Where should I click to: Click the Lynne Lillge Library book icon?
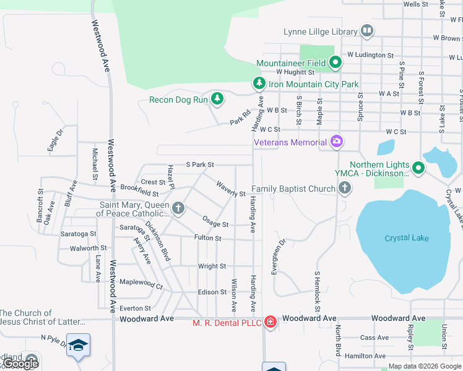[x=367, y=30]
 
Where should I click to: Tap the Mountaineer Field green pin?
[x=335, y=62]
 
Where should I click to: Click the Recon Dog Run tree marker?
[x=217, y=98]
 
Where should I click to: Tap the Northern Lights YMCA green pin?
[x=418, y=168]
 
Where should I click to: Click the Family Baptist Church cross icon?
[x=345, y=188]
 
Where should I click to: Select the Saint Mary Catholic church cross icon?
[x=178, y=208]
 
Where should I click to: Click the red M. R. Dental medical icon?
[x=270, y=321]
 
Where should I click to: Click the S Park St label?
[x=200, y=165]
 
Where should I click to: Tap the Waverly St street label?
[x=231, y=189]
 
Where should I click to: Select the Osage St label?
[x=216, y=224]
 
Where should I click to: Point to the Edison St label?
[x=212, y=292]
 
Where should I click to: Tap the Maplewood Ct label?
[x=141, y=286]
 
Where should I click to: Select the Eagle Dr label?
[x=56, y=140]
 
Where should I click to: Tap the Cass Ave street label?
[x=374, y=338]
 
